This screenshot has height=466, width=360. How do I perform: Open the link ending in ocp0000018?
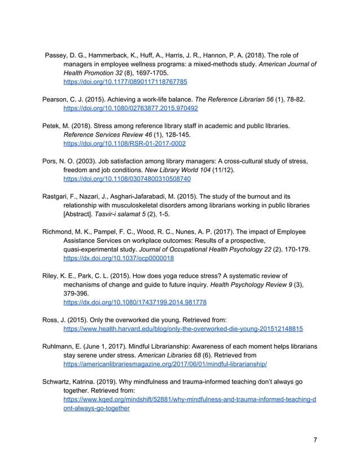pos(118,258)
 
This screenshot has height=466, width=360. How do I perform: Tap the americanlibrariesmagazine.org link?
pos(165,364)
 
